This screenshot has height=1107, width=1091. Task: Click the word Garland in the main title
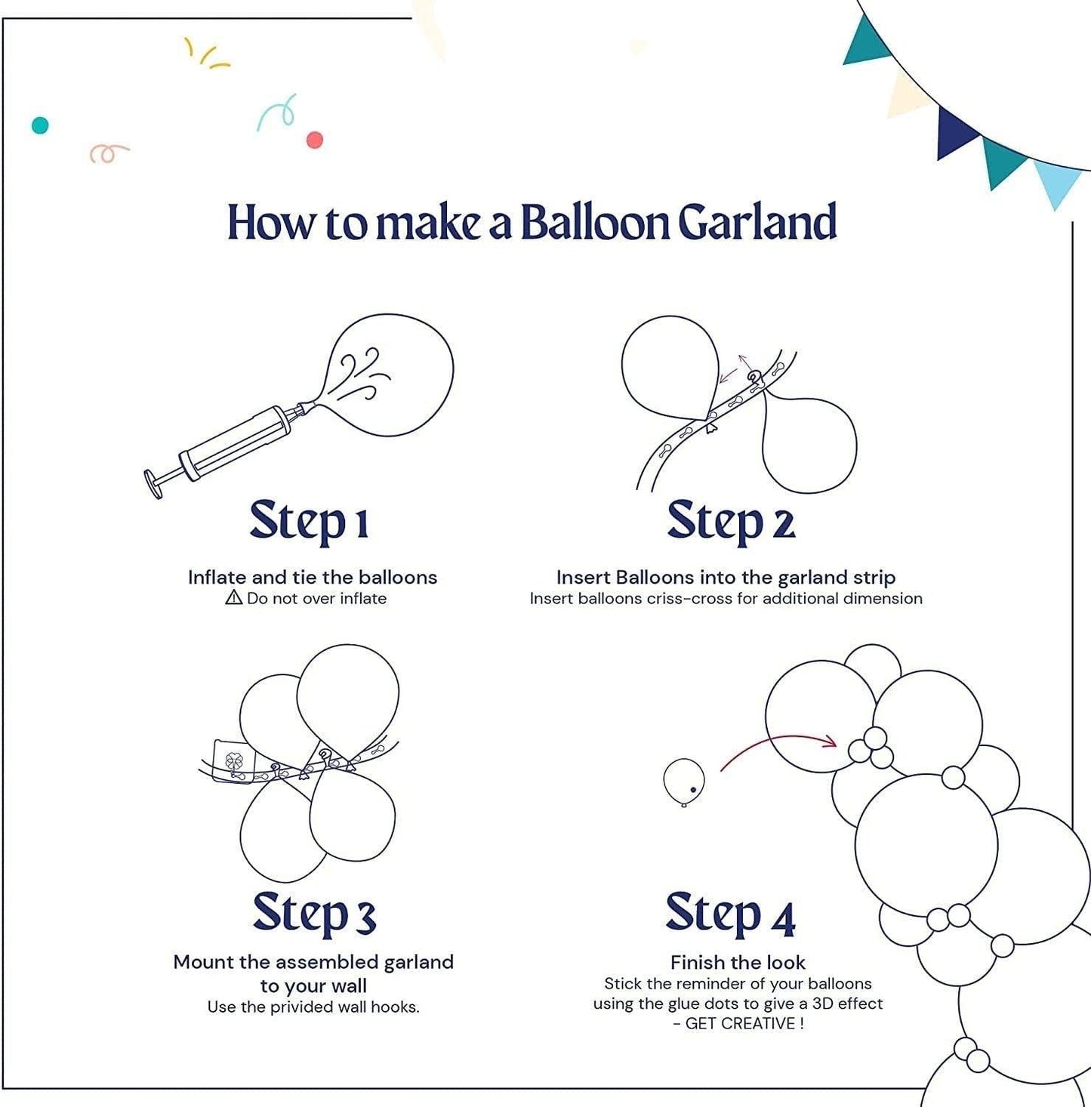pyautogui.click(x=757, y=222)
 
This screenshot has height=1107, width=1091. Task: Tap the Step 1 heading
pyautogui.click(x=309, y=521)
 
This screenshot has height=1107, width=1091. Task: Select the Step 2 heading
pyautogui.click(x=731, y=521)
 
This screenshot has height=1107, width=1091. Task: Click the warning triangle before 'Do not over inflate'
pyautogui.click(x=234, y=598)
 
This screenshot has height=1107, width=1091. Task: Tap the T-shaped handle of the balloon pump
pyautogui.click(x=154, y=483)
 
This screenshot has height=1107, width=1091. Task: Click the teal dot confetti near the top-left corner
pyautogui.click(x=40, y=125)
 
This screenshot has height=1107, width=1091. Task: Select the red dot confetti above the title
pyautogui.click(x=315, y=140)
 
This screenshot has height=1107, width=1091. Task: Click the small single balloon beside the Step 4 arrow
pyautogui.click(x=684, y=782)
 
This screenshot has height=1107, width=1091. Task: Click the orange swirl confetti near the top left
pyautogui.click(x=108, y=153)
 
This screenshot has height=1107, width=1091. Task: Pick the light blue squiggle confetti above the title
pyautogui.click(x=277, y=113)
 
